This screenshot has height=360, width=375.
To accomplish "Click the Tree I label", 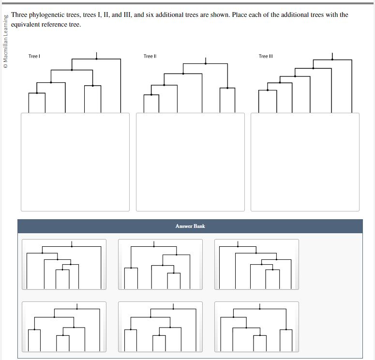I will pyautogui.click(x=33, y=57).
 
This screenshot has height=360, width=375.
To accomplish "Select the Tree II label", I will pyautogui.click(x=150, y=57).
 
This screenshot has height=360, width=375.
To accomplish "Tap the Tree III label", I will pyautogui.click(x=266, y=57).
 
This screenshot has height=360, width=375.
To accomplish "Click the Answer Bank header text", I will pyautogui.click(x=190, y=226).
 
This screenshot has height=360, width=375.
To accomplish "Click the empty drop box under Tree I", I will pyautogui.click(x=75, y=162).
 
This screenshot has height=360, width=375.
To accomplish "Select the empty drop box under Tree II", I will pyautogui.click(x=190, y=162).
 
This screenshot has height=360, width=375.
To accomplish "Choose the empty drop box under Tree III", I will pyautogui.click(x=305, y=162).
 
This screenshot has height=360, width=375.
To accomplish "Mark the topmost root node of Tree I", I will pyautogui.click(x=96, y=59).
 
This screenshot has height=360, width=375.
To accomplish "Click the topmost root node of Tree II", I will pyautogui.click(x=206, y=63).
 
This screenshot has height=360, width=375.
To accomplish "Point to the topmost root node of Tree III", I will pyautogui.click(x=332, y=60).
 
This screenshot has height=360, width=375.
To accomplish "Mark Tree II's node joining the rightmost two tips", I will pyautogui.click(x=227, y=88).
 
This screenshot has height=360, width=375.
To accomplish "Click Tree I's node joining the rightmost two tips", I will pyautogui.click(x=92, y=86).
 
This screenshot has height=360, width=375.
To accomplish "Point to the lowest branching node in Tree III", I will pyautogui.click(x=268, y=90).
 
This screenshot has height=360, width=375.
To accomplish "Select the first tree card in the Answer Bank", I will pyautogui.click(x=64, y=264).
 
